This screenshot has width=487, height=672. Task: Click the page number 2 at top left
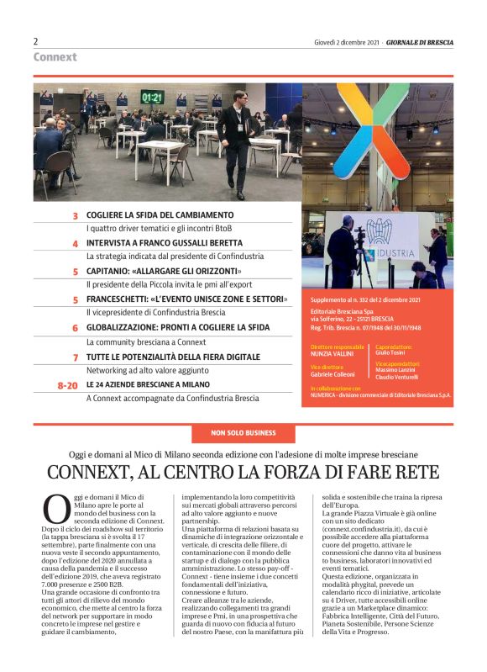click(x=36, y=41)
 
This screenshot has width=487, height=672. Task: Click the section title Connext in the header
click(x=55, y=57)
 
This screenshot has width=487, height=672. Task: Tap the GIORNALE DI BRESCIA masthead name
click(x=420, y=42)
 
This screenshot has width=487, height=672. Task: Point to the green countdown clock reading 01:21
click(x=152, y=97)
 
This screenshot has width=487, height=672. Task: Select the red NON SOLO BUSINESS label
click(x=243, y=433)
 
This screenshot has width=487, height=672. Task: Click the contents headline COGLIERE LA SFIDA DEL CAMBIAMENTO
click(x=159, y=215)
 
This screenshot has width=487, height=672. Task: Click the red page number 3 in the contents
click(x=75, y=216)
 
